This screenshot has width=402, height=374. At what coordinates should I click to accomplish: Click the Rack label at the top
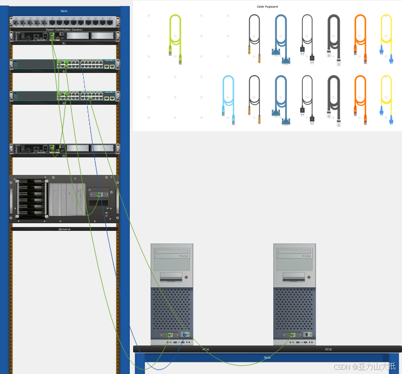tap(64, 11)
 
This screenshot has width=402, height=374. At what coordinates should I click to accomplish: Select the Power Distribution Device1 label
tap(64, 29)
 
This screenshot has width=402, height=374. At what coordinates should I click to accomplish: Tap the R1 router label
tap(64, 43)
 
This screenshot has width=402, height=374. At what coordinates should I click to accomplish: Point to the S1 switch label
tap(64, 71)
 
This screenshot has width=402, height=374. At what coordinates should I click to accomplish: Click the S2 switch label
tap(64, 103)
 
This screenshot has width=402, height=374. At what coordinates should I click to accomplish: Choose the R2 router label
tap(64, 156)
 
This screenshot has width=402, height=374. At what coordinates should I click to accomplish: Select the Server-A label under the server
tap(64, 229)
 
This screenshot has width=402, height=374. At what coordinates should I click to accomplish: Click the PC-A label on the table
tap(205, 349)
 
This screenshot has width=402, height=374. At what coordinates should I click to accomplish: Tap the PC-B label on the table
tap(328, 349)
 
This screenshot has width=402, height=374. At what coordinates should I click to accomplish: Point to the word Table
tap(267, 358)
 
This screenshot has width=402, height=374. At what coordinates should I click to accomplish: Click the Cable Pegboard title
tap(267, 7)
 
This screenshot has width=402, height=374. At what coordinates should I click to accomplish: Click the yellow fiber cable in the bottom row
tap(386, 97)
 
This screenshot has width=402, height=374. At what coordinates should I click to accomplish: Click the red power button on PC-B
tap(309, 277)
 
